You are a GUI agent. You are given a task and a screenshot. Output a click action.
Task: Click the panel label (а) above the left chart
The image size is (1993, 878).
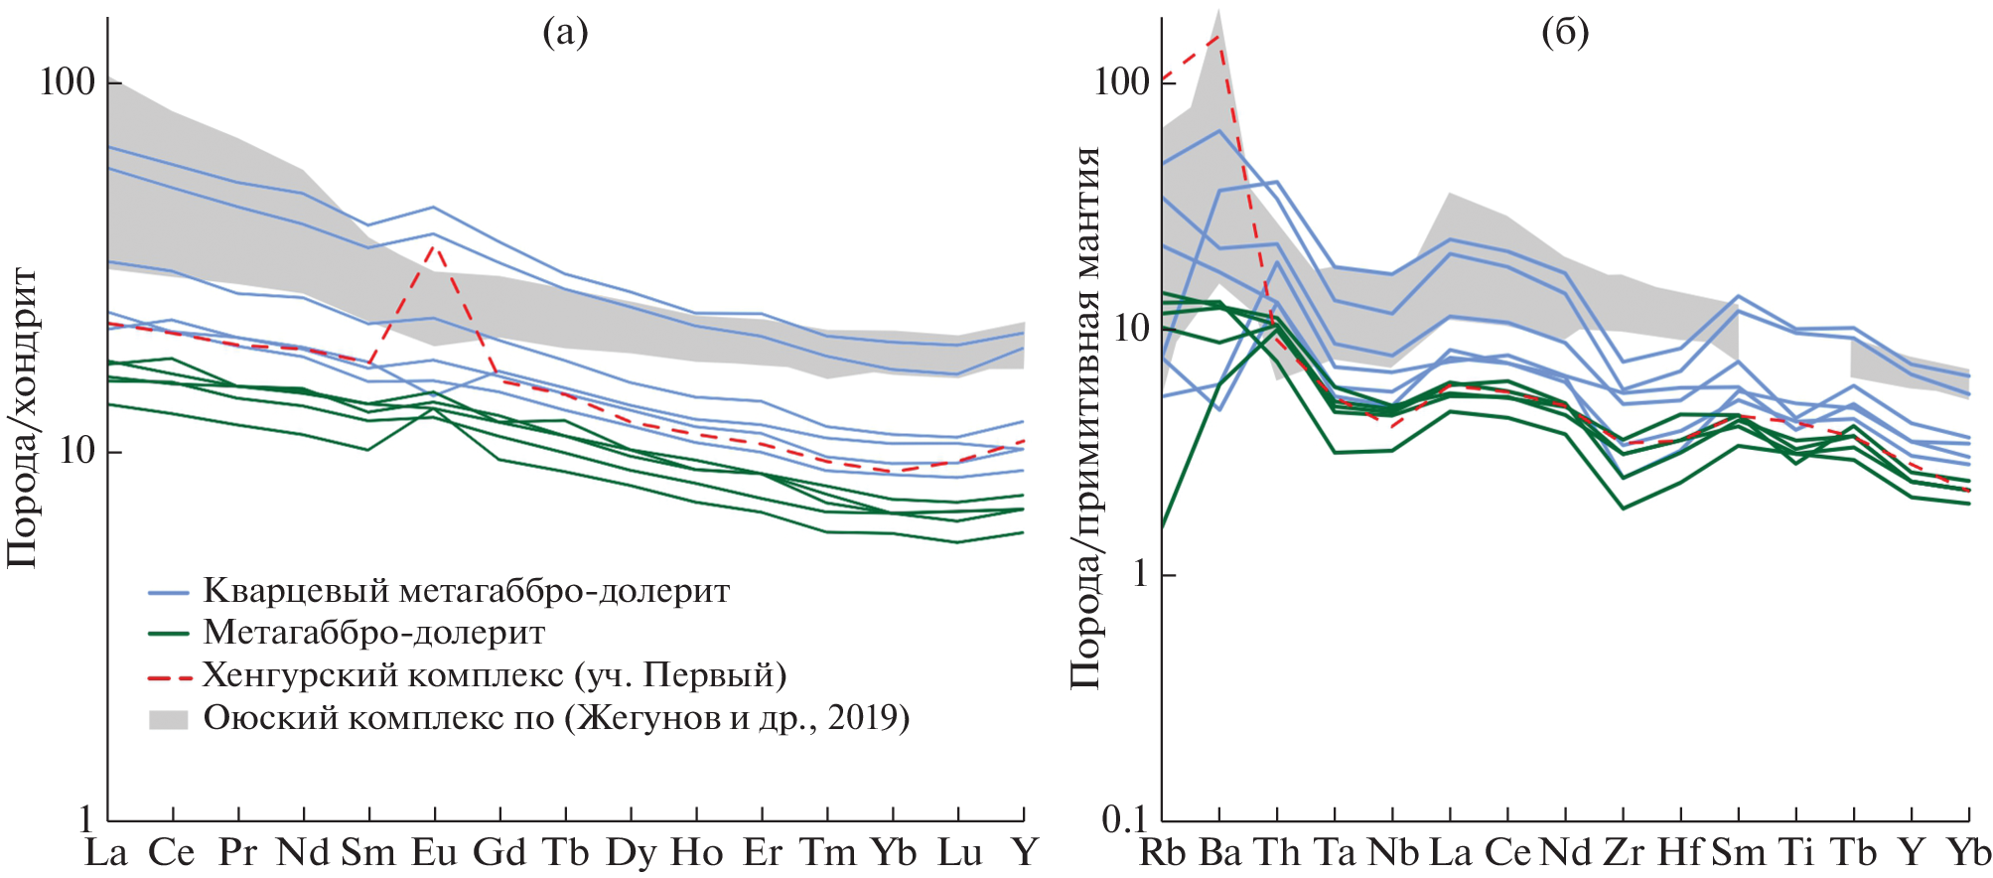565,33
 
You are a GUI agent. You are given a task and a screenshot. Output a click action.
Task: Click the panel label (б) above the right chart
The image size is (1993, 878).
1565,33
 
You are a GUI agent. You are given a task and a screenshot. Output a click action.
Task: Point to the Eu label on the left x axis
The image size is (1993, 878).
434,852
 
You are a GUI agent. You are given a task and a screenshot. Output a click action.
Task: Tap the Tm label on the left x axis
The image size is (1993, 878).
828,852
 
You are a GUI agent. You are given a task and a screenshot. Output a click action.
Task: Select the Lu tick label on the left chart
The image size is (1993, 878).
959,852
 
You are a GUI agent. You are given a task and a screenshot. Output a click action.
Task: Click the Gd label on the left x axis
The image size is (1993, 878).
499,852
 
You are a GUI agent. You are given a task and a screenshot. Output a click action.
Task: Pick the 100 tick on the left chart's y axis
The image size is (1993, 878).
67,81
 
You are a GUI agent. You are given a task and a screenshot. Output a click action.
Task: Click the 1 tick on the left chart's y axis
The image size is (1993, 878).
86,819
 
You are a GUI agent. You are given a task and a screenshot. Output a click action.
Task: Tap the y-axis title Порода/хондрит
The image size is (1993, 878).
22,417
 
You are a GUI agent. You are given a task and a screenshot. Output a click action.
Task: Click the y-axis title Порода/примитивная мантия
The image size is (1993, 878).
1085,417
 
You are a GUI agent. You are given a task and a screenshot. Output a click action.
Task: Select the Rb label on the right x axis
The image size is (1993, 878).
1162,852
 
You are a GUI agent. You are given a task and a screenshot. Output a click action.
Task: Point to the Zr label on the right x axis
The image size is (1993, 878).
1624,852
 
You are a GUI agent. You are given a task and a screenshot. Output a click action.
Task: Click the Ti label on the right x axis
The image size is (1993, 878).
1796,852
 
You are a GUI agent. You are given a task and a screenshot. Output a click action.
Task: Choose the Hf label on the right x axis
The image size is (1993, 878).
1680,852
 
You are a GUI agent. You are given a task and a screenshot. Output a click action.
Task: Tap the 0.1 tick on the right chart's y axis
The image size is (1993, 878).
1124,819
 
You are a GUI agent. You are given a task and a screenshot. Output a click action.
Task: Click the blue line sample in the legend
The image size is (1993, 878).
169,593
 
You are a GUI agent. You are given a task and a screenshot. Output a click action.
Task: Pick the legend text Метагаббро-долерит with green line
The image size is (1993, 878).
373,633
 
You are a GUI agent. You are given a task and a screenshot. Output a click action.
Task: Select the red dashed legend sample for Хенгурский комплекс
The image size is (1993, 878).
169,677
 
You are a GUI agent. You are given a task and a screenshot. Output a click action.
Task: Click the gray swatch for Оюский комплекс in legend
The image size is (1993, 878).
169,719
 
